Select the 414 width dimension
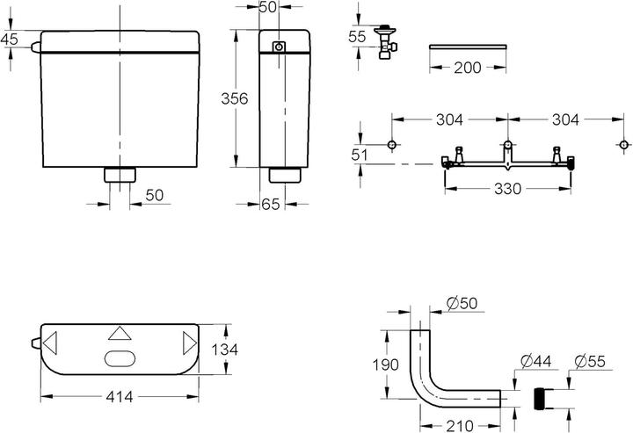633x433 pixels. [120, 397]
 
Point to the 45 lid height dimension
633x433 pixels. [10, 39]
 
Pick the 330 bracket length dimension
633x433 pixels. [509, 188]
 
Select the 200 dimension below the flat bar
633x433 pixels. [467, 68]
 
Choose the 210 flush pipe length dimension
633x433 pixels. [455, 424]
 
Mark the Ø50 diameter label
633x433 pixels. [462, 303]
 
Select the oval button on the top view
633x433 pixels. [119, 358]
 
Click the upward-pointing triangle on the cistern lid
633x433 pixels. [119, 334]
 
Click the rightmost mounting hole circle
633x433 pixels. [623, 144]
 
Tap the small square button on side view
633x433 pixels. [279, 47]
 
